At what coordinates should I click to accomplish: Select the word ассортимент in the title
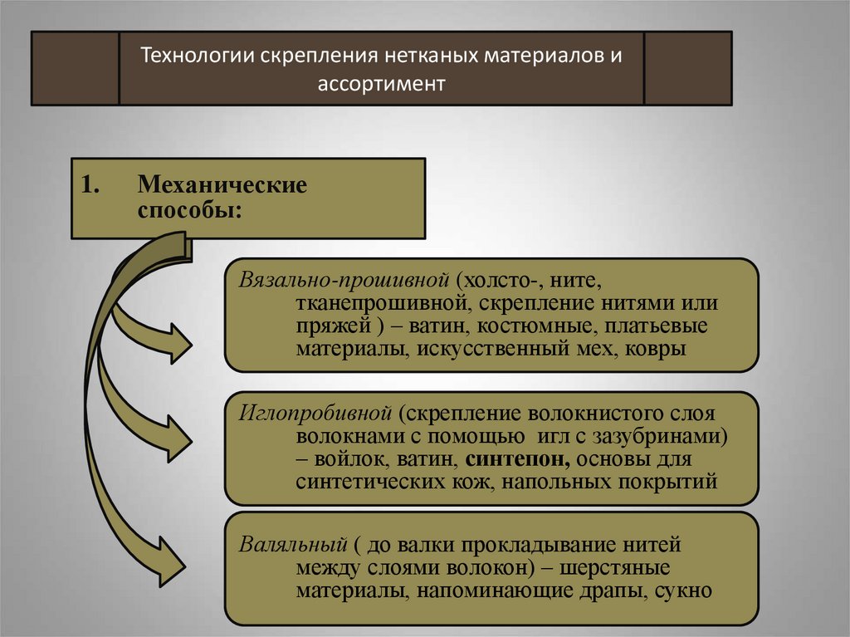381,84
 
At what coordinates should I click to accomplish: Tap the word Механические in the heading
222,184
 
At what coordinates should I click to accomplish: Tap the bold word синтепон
516,459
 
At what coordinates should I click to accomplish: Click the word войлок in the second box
343,459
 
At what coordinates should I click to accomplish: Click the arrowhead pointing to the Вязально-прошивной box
178,342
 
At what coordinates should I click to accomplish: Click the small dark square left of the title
76,68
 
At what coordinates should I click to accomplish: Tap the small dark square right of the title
687,68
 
